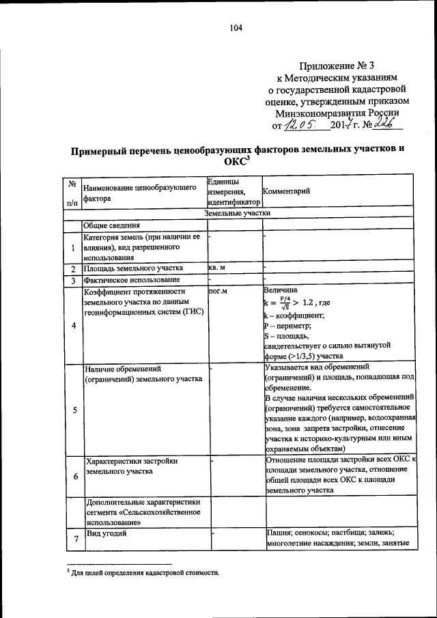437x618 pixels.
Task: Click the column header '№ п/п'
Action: (x=72, y=193)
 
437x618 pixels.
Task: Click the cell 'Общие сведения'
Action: (x=112, y=225)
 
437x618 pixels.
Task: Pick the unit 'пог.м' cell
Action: (x=218, y=290)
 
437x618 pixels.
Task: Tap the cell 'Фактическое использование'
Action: (x=132, y=280)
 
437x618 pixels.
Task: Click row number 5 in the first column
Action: (x=72, y=410)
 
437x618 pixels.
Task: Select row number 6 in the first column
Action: (x=72, y=475)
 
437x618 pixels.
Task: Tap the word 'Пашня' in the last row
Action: (x=279, y=533)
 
